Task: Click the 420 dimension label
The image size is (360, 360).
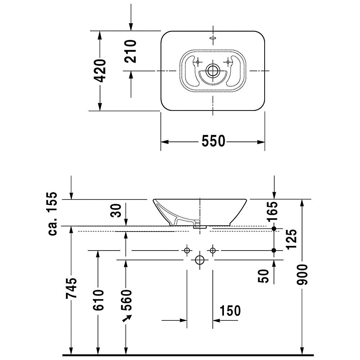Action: coord(101,71)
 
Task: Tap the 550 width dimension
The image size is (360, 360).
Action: coord(213,141)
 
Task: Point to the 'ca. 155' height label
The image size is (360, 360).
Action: coord(53,214)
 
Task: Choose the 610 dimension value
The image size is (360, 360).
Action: coord(98,300)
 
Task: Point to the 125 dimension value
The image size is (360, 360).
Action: coord(292,239)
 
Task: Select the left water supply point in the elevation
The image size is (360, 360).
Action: coord(187,250)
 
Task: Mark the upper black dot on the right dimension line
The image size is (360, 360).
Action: coord(274,229)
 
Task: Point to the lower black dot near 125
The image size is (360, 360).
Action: coord(274,250)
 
